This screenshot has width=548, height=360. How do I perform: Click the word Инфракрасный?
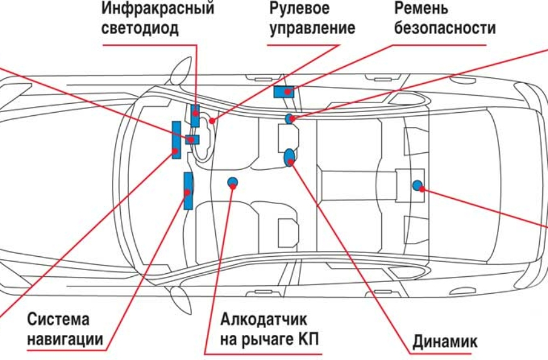157,9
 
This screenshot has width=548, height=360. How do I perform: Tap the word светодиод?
140,28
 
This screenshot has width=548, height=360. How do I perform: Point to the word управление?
312,28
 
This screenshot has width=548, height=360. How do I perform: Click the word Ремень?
422,9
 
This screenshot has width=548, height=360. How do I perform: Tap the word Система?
58,318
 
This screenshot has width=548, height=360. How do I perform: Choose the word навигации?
65,340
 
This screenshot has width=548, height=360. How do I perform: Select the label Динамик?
445,342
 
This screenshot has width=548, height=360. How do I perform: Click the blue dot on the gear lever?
232,183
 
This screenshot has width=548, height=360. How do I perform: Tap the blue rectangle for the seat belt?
284,92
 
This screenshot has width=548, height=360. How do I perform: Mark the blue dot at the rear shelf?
417,185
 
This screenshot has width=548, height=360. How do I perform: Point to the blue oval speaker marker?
290,157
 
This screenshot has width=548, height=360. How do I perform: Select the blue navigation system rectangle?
187,190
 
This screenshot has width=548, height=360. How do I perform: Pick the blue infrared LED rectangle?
196,115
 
